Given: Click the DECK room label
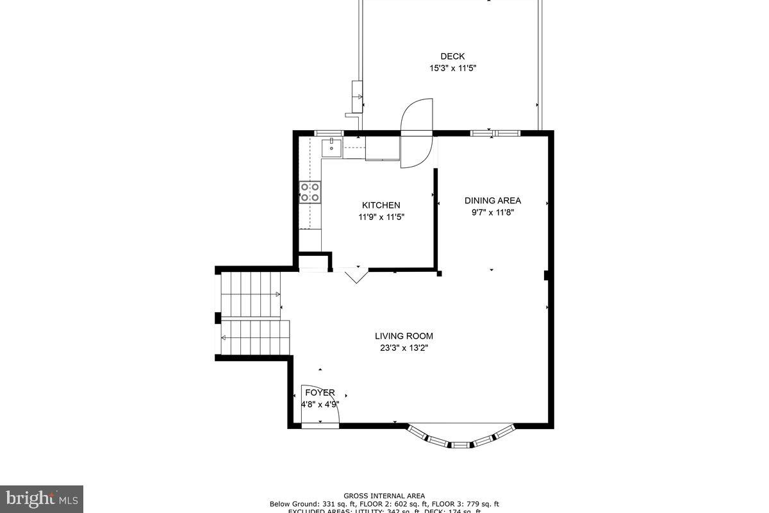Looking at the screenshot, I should click(452, 56).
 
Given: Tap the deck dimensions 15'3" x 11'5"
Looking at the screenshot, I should click(452, 68).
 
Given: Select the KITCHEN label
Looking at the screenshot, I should click(381, 205).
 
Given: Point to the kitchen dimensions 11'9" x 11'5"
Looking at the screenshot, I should click(381, 217).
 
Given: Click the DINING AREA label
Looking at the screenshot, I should click(493, 201).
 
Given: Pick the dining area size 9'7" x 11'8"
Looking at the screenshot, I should click(493, 212).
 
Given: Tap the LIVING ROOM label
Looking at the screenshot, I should click(404, 336).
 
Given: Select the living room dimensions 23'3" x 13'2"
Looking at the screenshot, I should click(404, 348).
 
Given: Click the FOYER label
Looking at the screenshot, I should click(320, 393).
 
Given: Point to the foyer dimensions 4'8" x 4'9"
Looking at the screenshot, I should click(320, 405).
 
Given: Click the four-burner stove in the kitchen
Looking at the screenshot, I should click(310, 192).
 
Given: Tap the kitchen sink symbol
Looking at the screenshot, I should click(332, 147).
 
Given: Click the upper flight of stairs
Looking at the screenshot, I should click(251, 294).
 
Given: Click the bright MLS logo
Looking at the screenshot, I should click(42, 499).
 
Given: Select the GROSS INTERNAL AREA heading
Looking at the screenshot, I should click(384, 496).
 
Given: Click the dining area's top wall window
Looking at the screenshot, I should click(494, 133).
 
